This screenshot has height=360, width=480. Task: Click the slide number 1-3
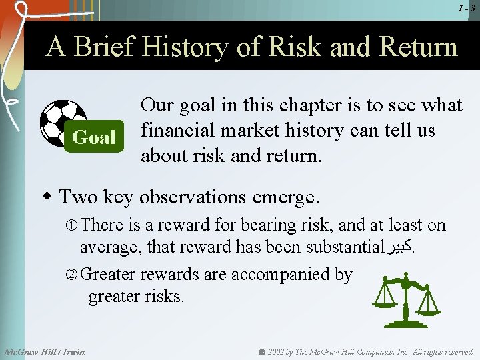pyautogui.click(x=467, y=8)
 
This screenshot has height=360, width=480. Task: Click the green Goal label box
pyautogui.click(x=94, y=137)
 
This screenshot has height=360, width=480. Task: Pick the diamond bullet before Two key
pyautogui.click(x=47, y=197)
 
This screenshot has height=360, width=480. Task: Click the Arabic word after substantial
pyautogui.click(x=399, y=247)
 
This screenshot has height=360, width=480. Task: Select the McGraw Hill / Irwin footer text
pyautogui.click(x=45, y=351)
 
